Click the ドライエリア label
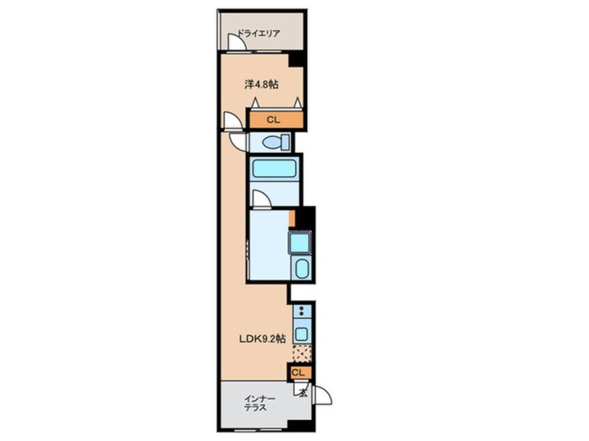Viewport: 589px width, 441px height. click(259, 33)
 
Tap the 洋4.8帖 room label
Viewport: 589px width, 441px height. click(262, 84)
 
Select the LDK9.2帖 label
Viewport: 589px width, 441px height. click(262, 339)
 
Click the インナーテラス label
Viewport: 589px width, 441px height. click(255, 403)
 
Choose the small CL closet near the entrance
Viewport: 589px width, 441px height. click(300, 373)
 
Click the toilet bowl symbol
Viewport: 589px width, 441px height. click(271, 143)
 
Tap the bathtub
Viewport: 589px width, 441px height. click(274, 168)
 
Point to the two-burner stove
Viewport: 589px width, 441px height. click(301, 310)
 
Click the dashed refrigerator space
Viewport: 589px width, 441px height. click(302, 353)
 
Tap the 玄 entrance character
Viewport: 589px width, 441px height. click(303, 393)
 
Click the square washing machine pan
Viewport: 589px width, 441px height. click(299, 242)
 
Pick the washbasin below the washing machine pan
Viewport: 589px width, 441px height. click(301, 268)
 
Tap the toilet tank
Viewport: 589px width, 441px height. click(285, 142)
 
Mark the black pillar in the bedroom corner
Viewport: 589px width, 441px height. click(296, 60)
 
